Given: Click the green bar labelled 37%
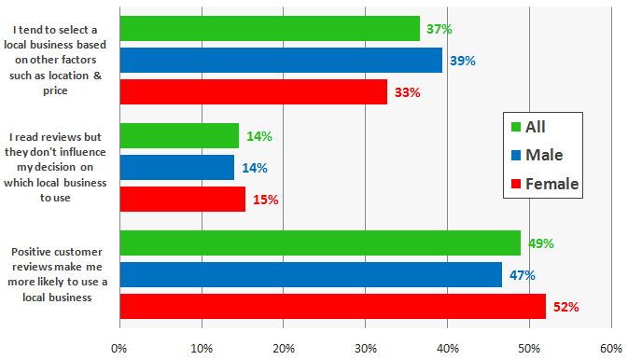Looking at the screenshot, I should pyautogui.click(x=269, y=29).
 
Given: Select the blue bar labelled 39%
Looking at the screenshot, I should pyautogui.click(x=280, y=61).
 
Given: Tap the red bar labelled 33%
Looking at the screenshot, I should pyautogui.click(x=252, y=92).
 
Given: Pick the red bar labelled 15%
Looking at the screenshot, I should pyautogui.click(x=182, y=200).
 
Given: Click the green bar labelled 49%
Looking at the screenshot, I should pyautogui.click(x=319, y=243).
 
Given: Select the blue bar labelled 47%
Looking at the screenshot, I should pyautogui.click(x=310, y=275).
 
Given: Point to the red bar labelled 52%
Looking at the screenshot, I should pyautogui.click(x=332, y=306).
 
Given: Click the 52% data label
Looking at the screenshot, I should pyautogui.click(x=565, y=307).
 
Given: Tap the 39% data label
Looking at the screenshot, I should pyautogui.click(x=462, y=61).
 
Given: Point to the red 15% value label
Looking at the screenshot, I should pyautogui.click(x=266, y=200).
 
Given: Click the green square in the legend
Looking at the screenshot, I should pyautogui.click(x=515, y=126).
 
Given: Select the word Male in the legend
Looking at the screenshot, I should pyautogui.click(x=545, y=155).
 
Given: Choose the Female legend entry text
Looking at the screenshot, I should pyautogui.click(x=552, y=184).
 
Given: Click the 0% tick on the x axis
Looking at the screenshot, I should pyautogui.click(x=119, y=348).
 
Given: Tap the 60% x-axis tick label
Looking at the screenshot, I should pyautogui.click(x=611, y=348).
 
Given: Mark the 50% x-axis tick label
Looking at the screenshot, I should pyautogui.click(x=529, y=348).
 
